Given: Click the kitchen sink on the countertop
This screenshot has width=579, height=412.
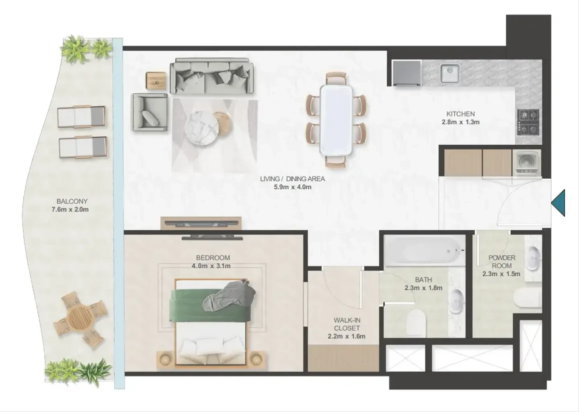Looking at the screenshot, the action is pyautogui.click(x=450, y=74).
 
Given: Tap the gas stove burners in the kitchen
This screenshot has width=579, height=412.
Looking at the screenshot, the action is pyautogui.click(x=528, y=122).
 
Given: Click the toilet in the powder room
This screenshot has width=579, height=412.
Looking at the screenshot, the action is pyautogui.click(x=528, y=298).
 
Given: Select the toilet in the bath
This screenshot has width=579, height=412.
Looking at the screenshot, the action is pyautogui.click(x=416, y=323).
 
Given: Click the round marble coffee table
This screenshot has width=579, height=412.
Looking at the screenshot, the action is pyautogui.click(x=202, y=128).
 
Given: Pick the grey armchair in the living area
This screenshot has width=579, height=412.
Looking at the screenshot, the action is pyautogui.click(x=150, y=112).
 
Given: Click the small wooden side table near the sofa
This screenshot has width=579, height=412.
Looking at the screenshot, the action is pyautogui.click(x=156, y=81).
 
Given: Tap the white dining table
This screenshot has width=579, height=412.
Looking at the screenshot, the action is pyautogui.click(x=336, y=120).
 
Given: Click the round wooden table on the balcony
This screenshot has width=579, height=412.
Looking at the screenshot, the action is pyautogui.click(x=78, y=317).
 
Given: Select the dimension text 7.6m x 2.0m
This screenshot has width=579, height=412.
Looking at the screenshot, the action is pyautogui.click(x=70, y=209).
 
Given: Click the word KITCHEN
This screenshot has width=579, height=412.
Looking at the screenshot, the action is pyautogui.click(x=461, y=114).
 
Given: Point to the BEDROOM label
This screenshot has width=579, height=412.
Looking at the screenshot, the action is pyautogui.click(x=213, y=258).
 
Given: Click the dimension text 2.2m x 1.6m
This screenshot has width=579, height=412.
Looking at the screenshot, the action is pyautogui.click(x=347, y=336).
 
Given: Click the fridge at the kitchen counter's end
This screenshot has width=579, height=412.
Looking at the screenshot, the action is pyautogui.click(x=407, y=73).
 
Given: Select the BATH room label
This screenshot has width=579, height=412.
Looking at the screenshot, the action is pyautogui.click(x=423, y=280).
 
